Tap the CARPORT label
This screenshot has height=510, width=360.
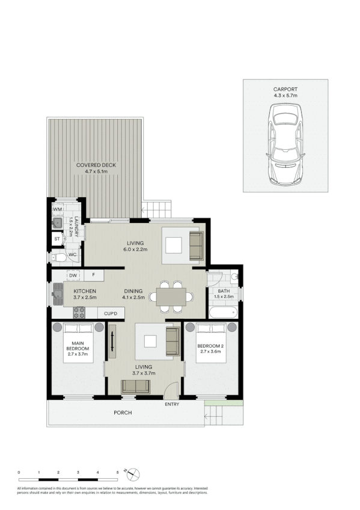point(285,90)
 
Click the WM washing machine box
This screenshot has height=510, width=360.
point(58,209)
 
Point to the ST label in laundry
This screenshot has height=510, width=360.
point(57,239)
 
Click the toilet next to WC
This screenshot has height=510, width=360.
point(58,257)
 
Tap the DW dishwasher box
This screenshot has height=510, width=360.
point(72,275)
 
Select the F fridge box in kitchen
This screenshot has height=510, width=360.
point(93,275)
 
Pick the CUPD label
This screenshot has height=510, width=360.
point(111,313)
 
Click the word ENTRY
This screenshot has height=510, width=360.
point(172,404)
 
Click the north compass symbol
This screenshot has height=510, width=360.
point(134,472)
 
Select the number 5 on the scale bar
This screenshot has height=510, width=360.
point(117,472)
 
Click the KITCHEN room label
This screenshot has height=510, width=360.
point(85,290)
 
